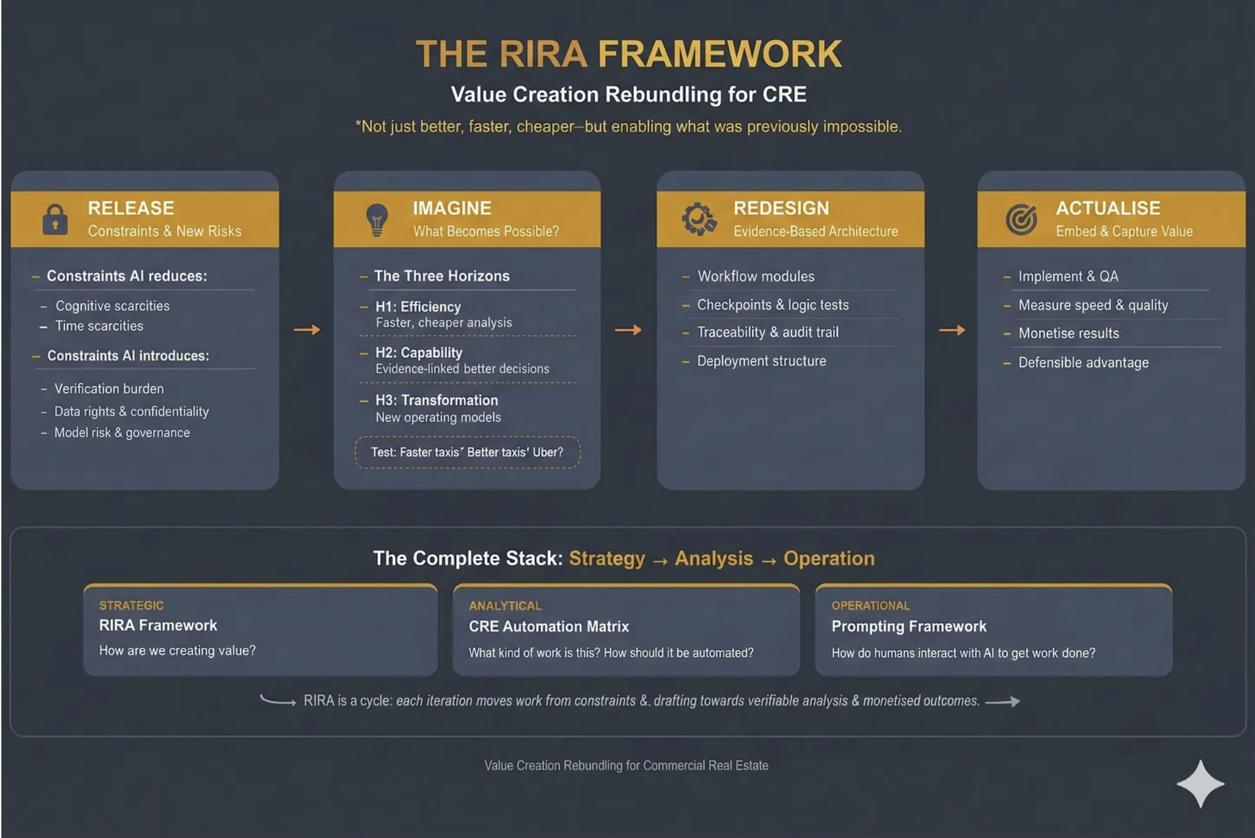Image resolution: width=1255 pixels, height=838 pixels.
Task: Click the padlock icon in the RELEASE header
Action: coord(55,219)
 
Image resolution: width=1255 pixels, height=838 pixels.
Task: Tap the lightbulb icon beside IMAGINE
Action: coord(377,219)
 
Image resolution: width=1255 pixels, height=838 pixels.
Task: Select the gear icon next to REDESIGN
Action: coord(698,219)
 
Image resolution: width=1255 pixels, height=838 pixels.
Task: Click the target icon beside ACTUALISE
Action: coord(1021,219)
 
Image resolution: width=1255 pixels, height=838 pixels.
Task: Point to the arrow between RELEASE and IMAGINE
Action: coord(307,330)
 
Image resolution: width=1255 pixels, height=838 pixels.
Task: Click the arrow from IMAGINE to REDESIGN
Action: coord(628,330)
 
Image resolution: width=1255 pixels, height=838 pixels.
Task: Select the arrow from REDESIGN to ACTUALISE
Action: coord(952,330)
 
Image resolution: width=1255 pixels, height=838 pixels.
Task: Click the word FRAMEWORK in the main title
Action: coord(720,54)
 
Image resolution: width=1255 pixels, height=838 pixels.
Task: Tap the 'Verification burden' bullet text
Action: coord(109,389)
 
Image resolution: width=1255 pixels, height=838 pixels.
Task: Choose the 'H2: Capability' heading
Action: coord(419,353)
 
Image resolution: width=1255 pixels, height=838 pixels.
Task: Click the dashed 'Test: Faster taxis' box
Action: coord(467,452)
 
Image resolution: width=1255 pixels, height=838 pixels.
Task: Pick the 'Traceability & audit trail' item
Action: coord(767,332)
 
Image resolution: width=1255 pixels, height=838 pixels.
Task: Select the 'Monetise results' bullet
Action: coord(1068,334)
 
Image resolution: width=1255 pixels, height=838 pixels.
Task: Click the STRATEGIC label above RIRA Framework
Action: coord(131,606)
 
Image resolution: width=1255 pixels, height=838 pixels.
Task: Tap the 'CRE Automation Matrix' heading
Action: coord(549,627)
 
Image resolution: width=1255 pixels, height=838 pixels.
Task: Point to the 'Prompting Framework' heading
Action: coord(908,627)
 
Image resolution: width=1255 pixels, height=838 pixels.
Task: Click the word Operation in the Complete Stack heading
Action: coord(828,558)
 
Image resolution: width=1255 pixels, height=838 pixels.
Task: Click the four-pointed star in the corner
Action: coord(1200,783)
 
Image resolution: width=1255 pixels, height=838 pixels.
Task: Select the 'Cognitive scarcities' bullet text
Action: coord(112,306)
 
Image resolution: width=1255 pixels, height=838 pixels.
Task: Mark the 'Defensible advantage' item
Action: coord(1083,363)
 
